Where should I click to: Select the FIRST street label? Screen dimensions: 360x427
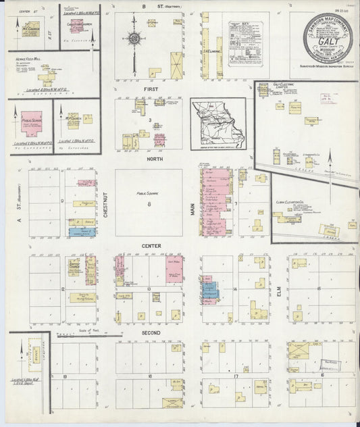(x=149, y=89)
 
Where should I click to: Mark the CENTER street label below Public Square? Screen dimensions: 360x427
(x=149, y=245)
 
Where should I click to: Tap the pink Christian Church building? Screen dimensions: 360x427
(x=77, y=25)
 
